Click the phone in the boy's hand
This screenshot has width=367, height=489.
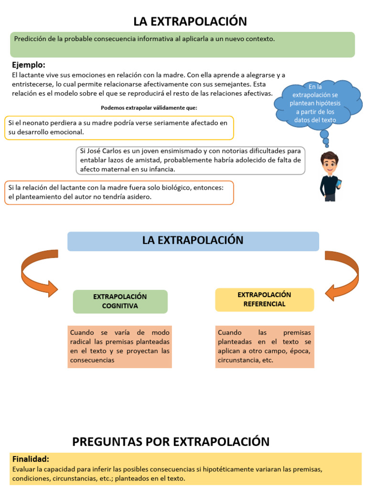[x=339, y=183]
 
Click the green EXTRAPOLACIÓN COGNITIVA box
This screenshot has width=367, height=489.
[x=120, y=301]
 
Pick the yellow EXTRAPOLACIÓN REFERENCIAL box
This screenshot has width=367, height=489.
[x=264, y=299]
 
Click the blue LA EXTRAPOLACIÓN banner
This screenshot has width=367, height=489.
[x=193, y=241]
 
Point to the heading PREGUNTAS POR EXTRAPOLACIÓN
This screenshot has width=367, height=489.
[x=171, y=441]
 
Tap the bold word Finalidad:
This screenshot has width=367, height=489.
[x=31, y=459]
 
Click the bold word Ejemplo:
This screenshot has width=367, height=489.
[x=28, y=65]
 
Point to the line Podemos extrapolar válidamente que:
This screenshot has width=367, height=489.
[x=149, y=107]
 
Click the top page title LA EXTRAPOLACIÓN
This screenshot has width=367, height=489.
[x=190, y=21]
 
